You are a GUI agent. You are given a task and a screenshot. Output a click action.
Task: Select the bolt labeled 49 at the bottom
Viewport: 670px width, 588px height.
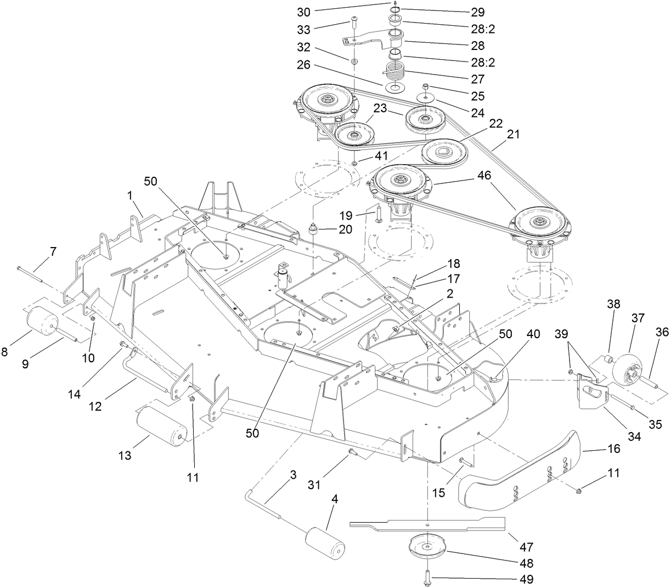(x=427, y=578)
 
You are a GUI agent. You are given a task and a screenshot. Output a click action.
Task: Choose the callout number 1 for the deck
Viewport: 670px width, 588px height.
(x=131, y=195)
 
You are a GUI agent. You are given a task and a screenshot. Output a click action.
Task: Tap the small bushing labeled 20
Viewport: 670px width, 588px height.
(x=315, y=229)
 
